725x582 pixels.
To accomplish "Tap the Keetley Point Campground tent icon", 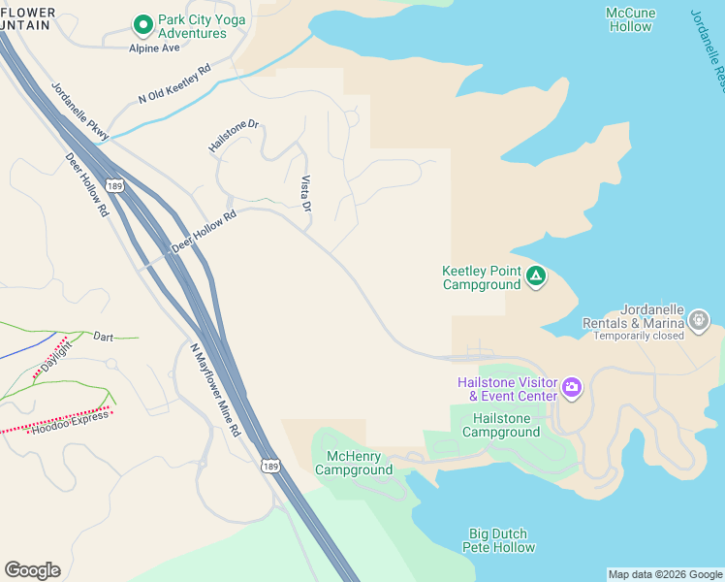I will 535,277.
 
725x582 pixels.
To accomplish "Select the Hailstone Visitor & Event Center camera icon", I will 572,388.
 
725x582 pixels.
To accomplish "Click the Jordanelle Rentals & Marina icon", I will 698,319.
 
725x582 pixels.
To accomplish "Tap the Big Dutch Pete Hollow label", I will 501,540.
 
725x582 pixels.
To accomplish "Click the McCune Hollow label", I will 630,19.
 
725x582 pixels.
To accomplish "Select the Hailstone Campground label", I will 501,425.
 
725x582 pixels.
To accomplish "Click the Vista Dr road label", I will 306,193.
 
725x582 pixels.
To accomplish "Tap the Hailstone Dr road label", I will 235,136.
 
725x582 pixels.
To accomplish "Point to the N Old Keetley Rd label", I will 174,84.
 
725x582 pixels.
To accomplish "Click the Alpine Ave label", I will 155,47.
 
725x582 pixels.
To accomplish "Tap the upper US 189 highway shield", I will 115,185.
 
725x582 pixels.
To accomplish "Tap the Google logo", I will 32,570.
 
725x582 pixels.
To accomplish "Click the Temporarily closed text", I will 639,336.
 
